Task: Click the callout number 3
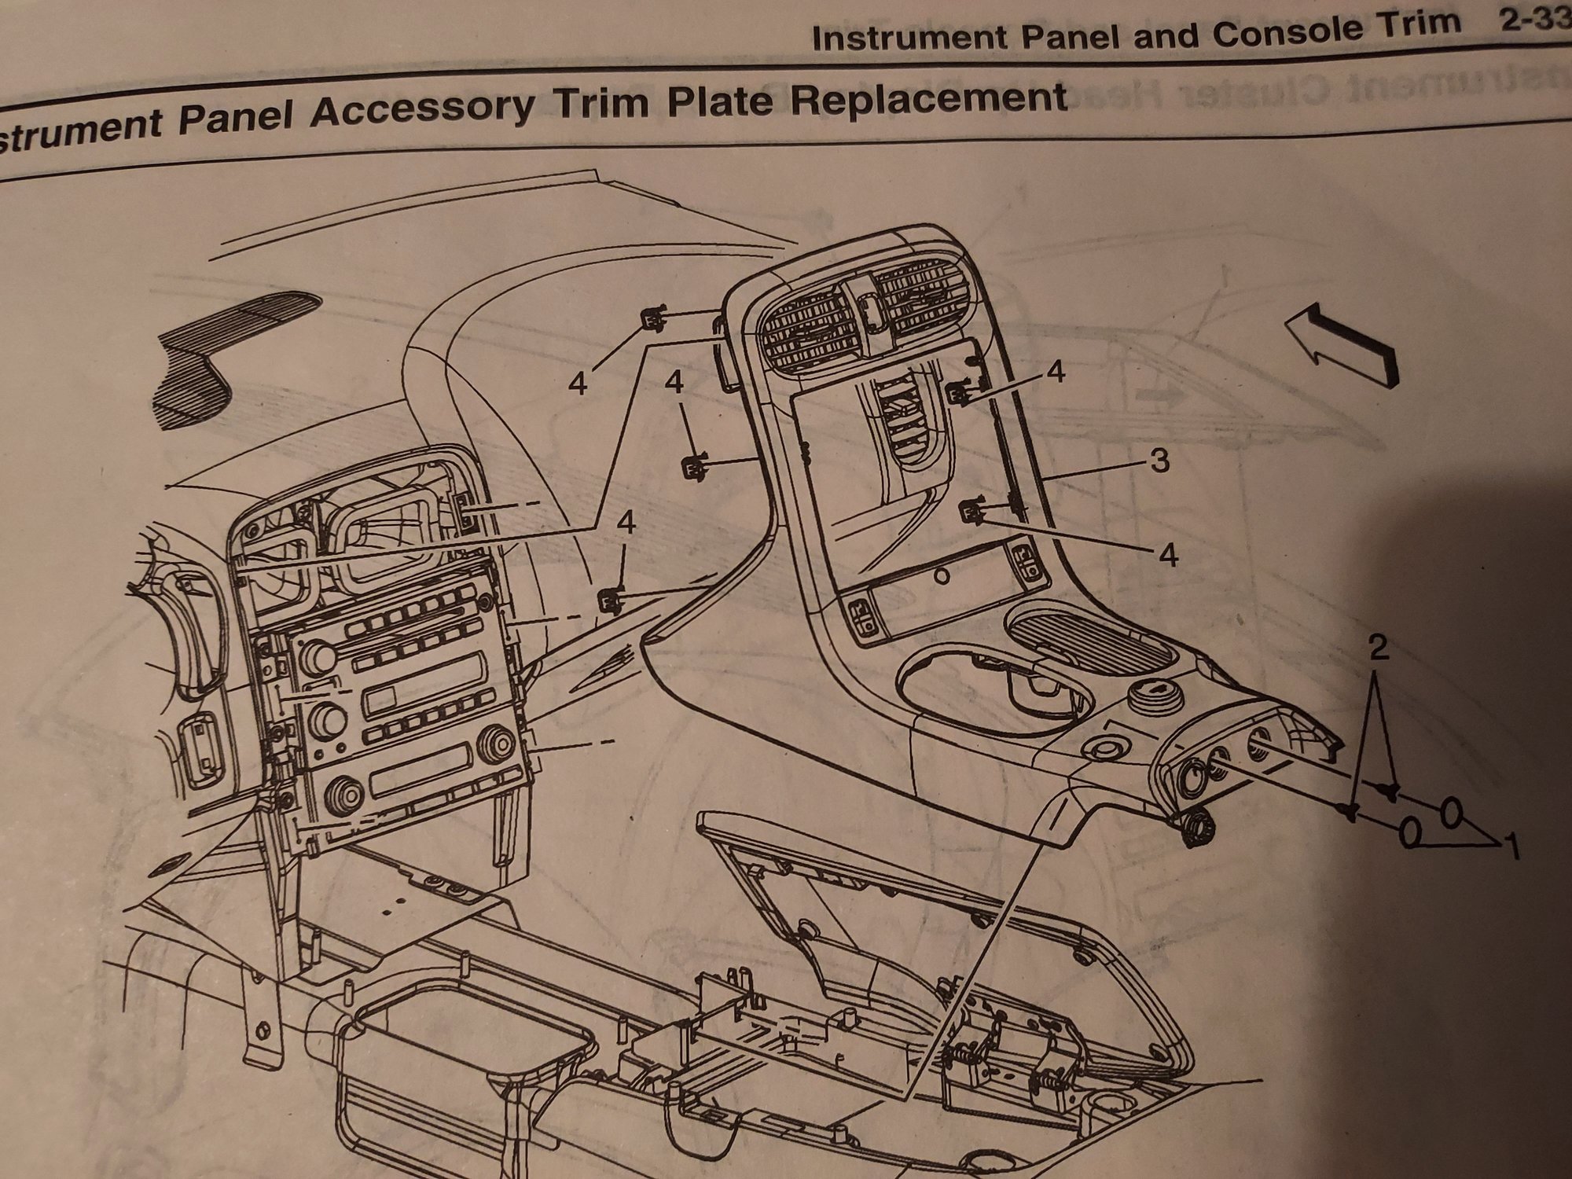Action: point(1160,461)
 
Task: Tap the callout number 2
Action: point(1378,650)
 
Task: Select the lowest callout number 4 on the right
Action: point(1169,556)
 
